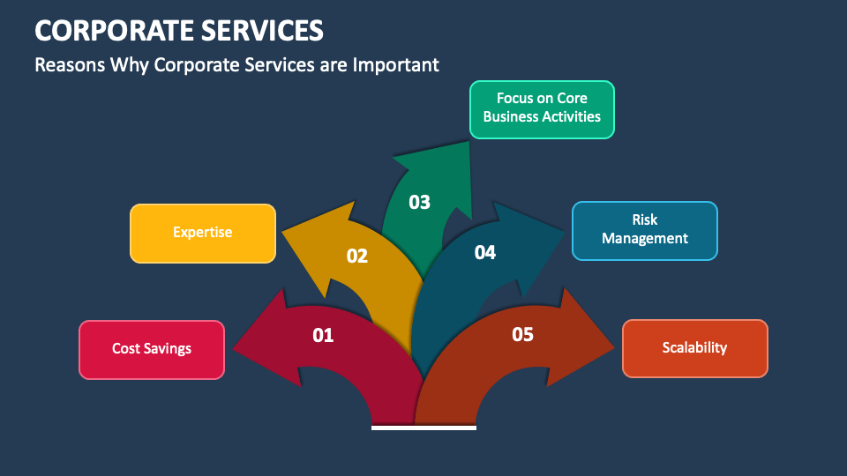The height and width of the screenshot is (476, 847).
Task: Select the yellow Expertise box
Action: [x=203, y=233]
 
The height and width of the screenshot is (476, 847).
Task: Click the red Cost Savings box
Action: [x=152, y=349]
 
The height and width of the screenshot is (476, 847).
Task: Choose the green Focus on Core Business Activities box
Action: [x=542, y=109]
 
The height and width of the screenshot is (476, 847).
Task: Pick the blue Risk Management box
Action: [x=645, y=230]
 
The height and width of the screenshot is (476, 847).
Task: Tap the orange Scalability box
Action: [x=694, y=348]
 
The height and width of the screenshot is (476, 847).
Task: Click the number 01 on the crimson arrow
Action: [x=324, y=335]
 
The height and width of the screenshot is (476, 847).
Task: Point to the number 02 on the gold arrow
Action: [x=356, y=257]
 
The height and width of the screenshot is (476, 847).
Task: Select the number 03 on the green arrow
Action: [x=420, y=202]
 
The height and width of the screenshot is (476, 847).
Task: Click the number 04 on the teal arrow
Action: [x=485, y=253]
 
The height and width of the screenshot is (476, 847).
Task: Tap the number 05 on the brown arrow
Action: [x=523, y=334]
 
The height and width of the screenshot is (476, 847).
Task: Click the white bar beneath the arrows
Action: [x=423, y=428]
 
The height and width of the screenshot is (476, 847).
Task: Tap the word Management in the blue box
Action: [x=645, y=239]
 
